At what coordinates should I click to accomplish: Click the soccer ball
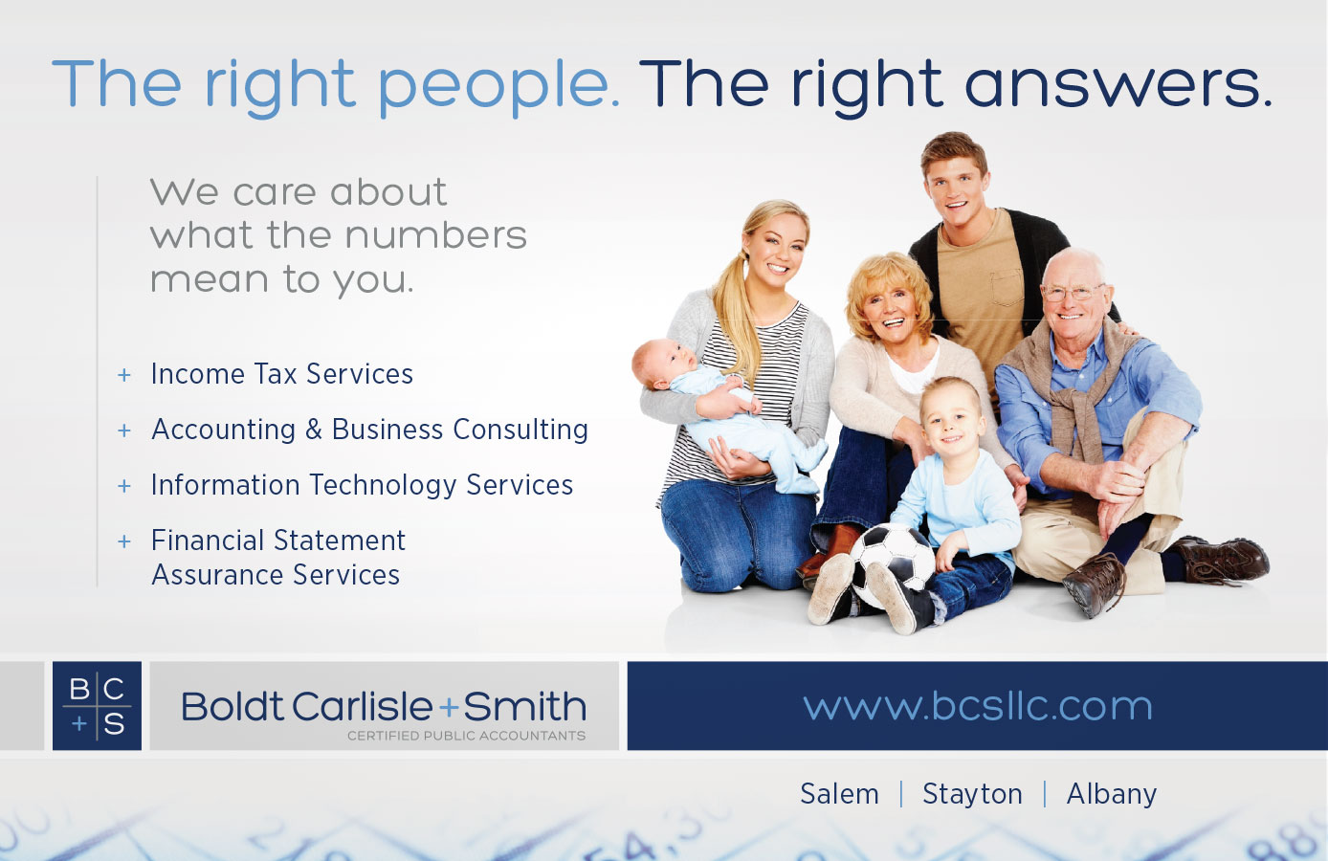(x=893, y=566)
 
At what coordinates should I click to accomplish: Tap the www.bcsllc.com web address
(x=978, y=706)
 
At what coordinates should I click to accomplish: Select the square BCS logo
(x=98, y=706)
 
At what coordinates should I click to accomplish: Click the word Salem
(x=839, y=793)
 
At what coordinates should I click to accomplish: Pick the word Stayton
(x=972, y=795)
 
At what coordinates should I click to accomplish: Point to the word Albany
(x=1112, y=795)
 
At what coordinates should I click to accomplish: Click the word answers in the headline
(x=1118, y=86)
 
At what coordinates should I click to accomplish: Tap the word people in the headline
(x=499, y=88)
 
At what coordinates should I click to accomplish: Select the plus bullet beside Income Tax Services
(x=124, y=375)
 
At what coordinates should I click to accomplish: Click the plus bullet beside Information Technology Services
(x=124, y=486)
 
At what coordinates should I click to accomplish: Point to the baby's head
(x=658, y=363)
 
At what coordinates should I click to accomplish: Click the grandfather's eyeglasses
(x=1073, y=292)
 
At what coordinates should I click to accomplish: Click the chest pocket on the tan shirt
(x=1007, y=288)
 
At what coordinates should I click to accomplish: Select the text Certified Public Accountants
(x=467, y=736)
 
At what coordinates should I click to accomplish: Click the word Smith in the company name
(x=524, y=706)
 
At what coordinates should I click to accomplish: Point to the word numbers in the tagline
(x=435, y=235)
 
